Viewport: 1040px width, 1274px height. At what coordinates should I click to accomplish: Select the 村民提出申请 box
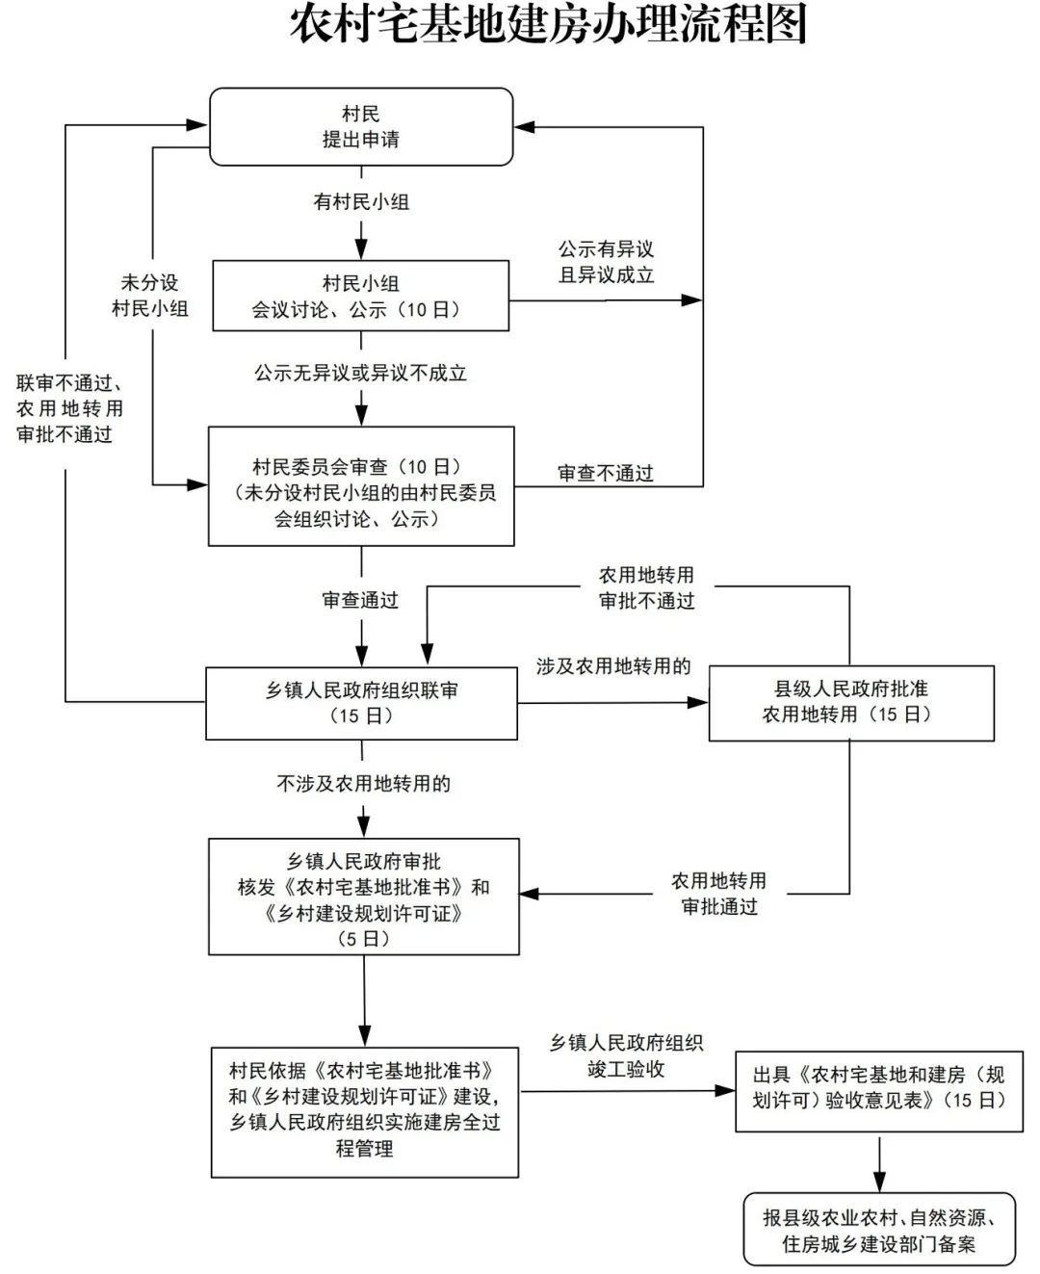click(361, 127)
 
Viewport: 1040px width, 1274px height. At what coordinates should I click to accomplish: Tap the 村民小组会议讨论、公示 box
click(361, 297)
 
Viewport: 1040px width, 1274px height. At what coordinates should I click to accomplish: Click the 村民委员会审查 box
click(362, 487)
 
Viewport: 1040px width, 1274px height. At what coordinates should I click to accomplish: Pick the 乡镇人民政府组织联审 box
click(362, 703)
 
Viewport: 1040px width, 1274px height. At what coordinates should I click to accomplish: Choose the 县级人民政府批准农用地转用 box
click(850, 702)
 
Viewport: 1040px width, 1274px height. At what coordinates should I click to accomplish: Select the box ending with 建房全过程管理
click(365, 1110)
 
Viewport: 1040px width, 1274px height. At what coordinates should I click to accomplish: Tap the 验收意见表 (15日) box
click(878, 1088)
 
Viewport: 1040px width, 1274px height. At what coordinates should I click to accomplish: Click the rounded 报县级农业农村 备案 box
click(878, 1230)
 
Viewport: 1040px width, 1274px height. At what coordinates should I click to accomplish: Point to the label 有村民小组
click(361, 202)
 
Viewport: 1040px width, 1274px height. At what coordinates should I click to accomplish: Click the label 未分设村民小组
click(150, 296)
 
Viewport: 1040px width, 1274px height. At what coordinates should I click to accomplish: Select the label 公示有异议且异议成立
click(606, 262)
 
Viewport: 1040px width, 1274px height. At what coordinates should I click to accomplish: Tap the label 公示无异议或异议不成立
click(360, 374)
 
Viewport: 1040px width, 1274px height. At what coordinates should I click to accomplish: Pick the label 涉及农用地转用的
click(613, 666)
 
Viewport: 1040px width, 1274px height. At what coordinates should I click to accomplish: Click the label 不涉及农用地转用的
click(363, 784)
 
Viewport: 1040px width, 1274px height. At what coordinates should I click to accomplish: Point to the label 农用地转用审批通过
click(718, 894)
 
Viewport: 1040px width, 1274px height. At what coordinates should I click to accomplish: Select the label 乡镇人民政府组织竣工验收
click(626, 1055)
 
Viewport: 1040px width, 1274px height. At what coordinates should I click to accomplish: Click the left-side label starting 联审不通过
click(69, 408)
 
